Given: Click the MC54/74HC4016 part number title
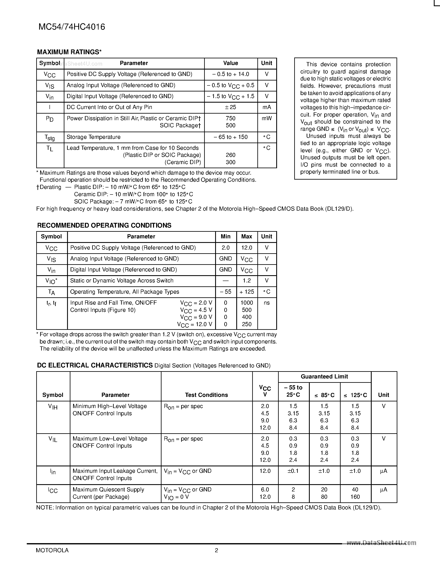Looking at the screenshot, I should (x=72, y=27).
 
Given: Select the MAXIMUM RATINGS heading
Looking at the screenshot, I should (x=69, y=52).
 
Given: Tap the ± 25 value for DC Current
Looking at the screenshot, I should (x=230, y=107).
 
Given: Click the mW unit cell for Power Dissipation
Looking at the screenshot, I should (x=267, y=119).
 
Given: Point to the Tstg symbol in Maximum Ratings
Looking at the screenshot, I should (x=49, y=137).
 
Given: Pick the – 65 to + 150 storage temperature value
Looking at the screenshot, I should (x=230, y=137).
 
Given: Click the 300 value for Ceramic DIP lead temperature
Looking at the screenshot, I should (x=230, y=162).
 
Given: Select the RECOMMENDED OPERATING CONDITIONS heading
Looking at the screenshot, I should (x=104, y=225).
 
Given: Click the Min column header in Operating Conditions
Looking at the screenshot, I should (x=225, y=236).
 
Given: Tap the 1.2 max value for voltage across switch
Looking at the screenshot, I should (x=247, y=281).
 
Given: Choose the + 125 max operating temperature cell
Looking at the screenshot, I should (x=247, y=292).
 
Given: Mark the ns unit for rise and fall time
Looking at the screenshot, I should (x=267, y=303).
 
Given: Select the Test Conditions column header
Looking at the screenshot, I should (x=206, y=395).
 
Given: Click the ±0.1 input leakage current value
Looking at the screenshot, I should (x=293, y=471).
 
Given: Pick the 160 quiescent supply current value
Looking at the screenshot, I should (x=355, y=497).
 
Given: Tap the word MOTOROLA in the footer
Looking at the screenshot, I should (x=52, y=550).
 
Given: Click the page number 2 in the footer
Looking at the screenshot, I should (x=216, y=550).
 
